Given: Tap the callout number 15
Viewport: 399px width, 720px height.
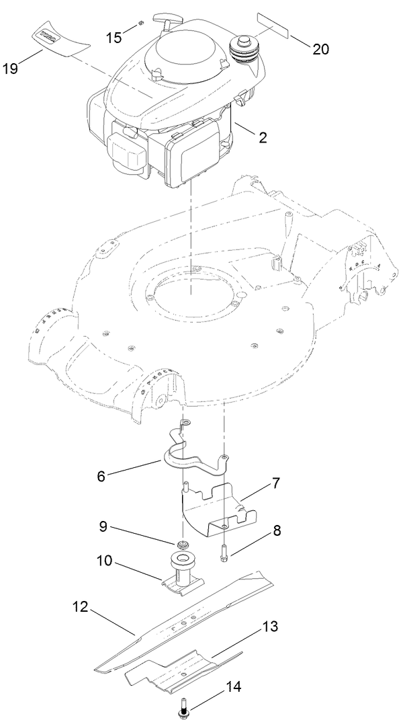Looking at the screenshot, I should [115, 36].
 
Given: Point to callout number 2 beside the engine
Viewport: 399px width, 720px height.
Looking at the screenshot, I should [263, 138].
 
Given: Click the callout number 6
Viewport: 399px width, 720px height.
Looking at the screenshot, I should [101, 475].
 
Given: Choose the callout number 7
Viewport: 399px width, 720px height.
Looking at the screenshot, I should [276, 483].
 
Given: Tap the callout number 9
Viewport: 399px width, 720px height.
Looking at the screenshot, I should [102, 527].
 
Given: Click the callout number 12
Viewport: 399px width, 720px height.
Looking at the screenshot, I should [79, 606].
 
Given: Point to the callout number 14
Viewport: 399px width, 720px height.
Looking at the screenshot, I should [234, 687].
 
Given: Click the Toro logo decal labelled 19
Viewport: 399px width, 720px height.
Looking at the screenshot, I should [59, 39].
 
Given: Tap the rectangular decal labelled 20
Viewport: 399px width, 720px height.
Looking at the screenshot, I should [272, 26].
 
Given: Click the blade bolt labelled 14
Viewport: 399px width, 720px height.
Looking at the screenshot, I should [183, 707].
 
